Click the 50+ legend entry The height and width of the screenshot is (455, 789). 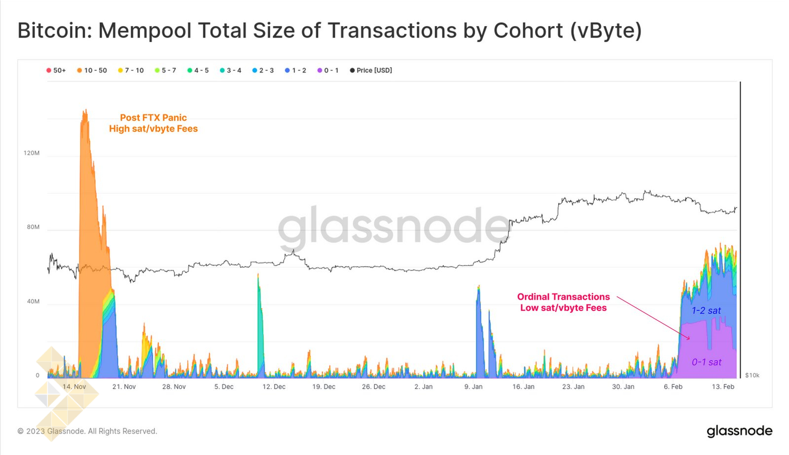pos(56,71)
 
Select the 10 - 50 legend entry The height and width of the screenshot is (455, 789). pos(92,71)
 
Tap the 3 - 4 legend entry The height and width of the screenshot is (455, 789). pos(231,71)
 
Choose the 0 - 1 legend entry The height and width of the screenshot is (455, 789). pos(328,71)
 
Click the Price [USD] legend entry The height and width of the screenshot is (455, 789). pos(371,71)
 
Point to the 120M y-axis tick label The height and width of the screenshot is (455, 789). pos(32,153)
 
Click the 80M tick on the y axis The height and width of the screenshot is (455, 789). pos(33,227)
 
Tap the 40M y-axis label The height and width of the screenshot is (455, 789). pos(33,302)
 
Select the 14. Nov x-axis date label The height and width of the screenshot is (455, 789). pos(74,387)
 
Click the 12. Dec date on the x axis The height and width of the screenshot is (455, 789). pos(274,387)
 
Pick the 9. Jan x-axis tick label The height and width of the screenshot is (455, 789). pos(473,387)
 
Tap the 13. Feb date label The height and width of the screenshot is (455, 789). pos(723,387)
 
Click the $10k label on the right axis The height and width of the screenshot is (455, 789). pos(752,376)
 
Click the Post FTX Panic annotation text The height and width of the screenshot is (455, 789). pos(153,118)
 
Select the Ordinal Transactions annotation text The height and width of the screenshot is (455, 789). pos(563,297)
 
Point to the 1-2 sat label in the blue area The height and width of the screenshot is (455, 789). pos(706,311)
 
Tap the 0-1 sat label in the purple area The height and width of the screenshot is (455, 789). pos(706,362)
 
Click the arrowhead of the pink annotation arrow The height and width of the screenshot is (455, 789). pos(688,338)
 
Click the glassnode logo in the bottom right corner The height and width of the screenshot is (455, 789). pos(739,431)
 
